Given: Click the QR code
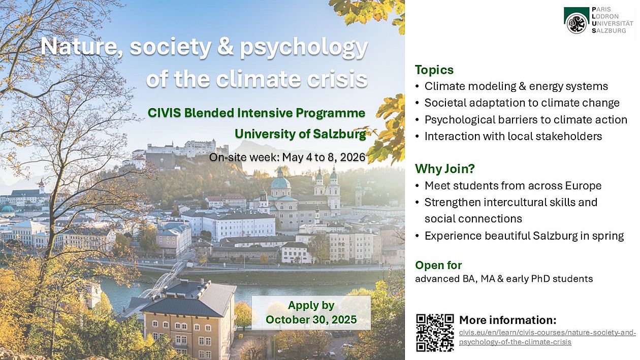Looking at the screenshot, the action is pyautogui.click(x=435, y=333).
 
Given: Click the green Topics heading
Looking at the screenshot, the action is pyautogui.click(x=434, y=70).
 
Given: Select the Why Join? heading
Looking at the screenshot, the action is pyautogui.click(x=444, y=169).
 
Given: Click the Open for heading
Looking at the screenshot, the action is pyautogui.click(x=438, y=265).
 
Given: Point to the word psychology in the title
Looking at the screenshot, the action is pyautogui.click(x=304, y=47).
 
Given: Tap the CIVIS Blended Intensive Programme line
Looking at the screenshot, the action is pyautogui.click(x=257, y=113).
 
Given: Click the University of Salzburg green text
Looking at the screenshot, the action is pyautogui.click(x=300, y=134).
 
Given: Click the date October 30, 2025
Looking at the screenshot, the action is pyautogui.click(x=311, y=319).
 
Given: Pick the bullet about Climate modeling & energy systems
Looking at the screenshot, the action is pyautogui.click(x=516, y=86).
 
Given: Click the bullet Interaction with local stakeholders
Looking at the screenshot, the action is pyautogui.click(x=513, y=136).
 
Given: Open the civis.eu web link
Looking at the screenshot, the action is pyautogui.click(x=548, y=338).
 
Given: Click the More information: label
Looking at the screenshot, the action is pyautogui.click(x=508, y=320).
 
